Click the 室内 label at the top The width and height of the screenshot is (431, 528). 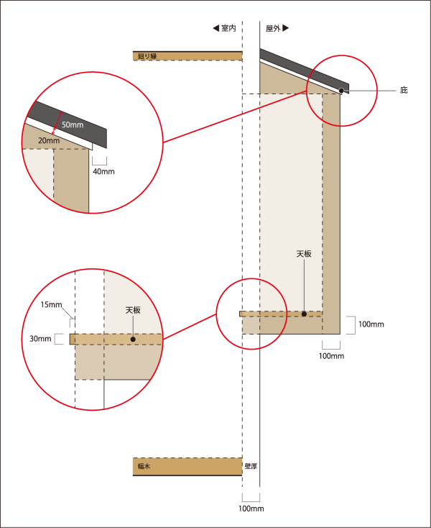228,28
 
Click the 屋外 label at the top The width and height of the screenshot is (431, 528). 273,28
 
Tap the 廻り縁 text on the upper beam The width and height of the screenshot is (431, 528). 147,56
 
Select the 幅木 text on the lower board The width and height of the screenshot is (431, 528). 144,466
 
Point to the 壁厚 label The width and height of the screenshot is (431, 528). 251,466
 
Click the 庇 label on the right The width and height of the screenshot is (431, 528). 404,90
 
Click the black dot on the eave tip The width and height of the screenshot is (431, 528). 341,91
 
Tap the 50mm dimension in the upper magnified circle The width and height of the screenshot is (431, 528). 73,125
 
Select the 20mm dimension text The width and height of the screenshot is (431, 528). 49,140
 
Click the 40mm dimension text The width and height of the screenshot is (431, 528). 104,171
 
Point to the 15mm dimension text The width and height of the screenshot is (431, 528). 52,305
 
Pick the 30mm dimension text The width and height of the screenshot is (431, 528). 40,339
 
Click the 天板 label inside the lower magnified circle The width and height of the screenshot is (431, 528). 133,310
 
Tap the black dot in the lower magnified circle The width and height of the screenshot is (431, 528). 133,339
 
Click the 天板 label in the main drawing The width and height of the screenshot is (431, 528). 304,254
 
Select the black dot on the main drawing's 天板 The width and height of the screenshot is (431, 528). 304,314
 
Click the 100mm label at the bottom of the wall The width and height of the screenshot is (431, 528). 251,509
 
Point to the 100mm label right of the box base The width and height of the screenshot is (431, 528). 371,324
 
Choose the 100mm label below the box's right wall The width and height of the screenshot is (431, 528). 331,356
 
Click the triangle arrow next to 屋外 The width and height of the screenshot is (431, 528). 285,28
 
